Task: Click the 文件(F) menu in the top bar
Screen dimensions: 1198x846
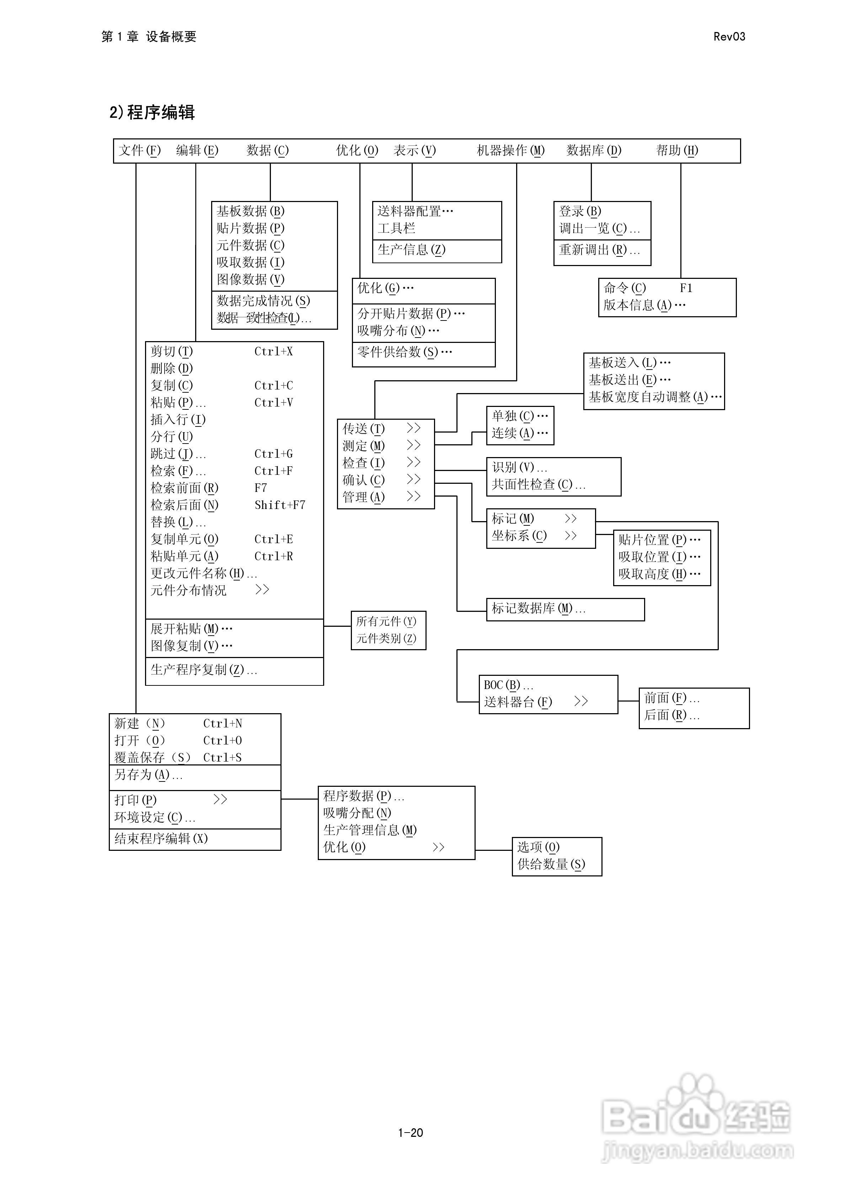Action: tap(139, 151)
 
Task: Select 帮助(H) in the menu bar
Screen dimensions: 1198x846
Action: tap(676, 151)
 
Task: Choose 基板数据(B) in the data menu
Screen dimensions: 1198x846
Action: tap(250, 211)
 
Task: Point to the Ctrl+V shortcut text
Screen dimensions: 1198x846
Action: tap(273, 403)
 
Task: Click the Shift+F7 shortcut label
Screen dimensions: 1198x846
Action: tap(279, 505)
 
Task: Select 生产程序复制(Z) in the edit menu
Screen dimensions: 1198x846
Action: tap(203, 670)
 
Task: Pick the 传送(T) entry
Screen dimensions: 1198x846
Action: tap(364, 429)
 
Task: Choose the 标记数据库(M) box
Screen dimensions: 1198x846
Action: tap(538, 608)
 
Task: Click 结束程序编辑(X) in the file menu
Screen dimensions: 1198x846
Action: tap(161, 838)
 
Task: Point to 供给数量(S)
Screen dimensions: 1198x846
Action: tap(551, 865)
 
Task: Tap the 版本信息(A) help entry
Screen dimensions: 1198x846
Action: tap(644, 305)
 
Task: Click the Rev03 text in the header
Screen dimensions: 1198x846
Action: tap(729, 37)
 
